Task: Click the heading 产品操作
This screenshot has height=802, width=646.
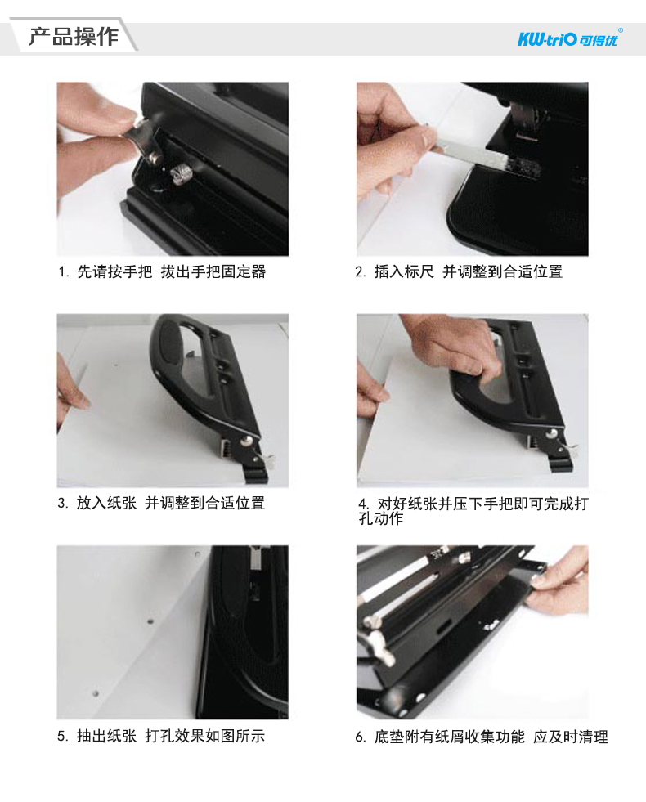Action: point(74,36)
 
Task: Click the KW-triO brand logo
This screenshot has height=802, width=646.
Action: point(567,39)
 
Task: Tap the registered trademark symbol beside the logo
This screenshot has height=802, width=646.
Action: point(621,30)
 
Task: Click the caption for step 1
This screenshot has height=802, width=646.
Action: point(162,271)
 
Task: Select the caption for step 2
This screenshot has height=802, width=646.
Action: point(459,271)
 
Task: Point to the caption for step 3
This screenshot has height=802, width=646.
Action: point(161,504)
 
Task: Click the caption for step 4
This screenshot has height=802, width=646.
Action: point(473,511)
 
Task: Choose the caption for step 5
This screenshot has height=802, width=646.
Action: point(161,736)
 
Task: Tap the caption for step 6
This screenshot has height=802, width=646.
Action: point(482,737)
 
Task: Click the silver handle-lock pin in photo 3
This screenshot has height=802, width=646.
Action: point(249,441)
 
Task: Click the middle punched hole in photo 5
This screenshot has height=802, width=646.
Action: point(150,622)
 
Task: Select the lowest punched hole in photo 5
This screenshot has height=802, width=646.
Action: point(96,694)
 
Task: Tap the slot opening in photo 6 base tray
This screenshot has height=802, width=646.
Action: point(442,626)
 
